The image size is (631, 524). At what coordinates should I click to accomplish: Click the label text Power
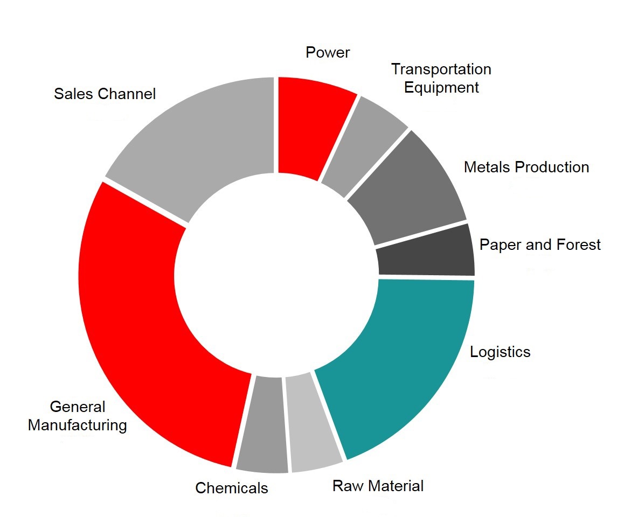[x=328, y=52]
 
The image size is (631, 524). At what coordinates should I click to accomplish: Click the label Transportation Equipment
[x=441, y=78]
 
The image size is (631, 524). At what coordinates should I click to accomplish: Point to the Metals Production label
[x=526, y=167]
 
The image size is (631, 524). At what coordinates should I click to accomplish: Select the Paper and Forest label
[x=540, y=245]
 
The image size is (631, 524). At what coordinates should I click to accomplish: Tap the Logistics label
[x=500, y=352]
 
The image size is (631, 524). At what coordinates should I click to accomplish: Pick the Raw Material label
[x=378, y=486]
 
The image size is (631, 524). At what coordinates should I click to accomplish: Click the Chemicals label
[x=232, y=488]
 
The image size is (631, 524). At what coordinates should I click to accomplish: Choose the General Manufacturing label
[x=78, y=416]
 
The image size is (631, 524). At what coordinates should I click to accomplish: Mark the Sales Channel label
[x=105, y=94]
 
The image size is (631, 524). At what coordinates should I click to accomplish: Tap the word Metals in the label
[x=487, y=167]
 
